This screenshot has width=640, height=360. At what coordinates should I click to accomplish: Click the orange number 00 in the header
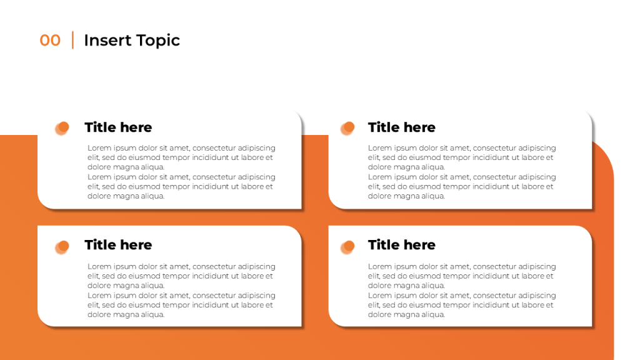[50, 41]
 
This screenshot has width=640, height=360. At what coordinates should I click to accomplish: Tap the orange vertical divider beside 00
[72, 40]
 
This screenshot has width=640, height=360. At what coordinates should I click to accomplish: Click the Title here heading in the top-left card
[118, 127]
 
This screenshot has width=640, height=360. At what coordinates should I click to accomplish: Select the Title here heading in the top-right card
[401, 127]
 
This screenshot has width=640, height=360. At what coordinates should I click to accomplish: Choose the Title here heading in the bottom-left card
[118, 245]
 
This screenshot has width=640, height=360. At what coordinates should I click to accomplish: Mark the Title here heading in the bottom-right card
[401, 245]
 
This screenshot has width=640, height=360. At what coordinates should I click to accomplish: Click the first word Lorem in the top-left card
[99, 148]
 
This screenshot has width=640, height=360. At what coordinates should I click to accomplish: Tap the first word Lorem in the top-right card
[380, 148]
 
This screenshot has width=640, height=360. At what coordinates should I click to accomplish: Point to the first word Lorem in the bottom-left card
[99, 267]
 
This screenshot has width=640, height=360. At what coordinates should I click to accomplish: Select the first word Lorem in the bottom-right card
[380, 267]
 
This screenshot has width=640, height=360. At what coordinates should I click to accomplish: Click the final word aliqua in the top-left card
[152, 196]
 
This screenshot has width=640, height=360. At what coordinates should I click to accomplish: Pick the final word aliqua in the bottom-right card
[432, 315]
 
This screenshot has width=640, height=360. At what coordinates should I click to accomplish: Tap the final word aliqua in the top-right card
[432, 196]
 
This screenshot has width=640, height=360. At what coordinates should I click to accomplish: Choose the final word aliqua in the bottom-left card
[152, 315]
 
